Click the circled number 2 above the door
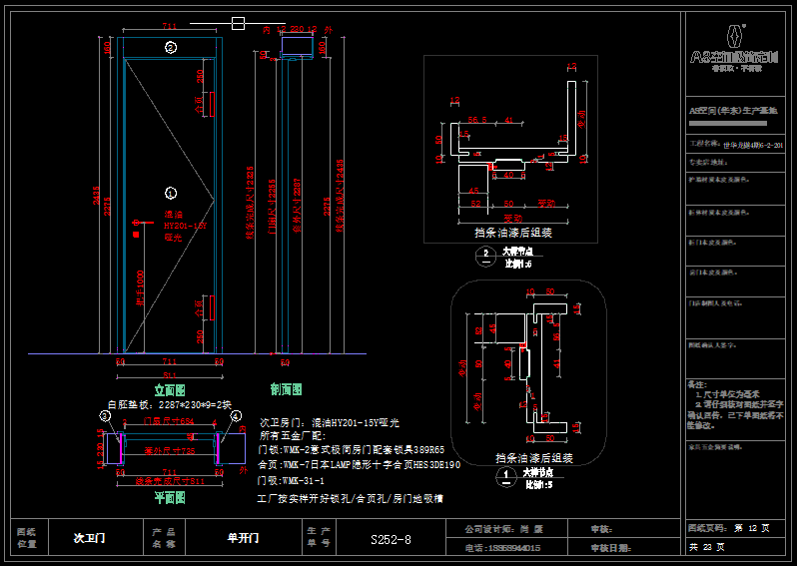[x=171, y=47]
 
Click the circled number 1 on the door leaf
[x=170, y=192]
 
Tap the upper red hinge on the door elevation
[x=212, y=104]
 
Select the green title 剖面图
[x=286, y=389]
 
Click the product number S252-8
[x=391, y=540]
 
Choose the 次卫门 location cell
[x=89, y=538]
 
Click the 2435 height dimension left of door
[x=97, y=200]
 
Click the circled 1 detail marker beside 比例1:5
[x=496, y=473]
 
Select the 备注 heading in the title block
[x=696, y=384]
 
